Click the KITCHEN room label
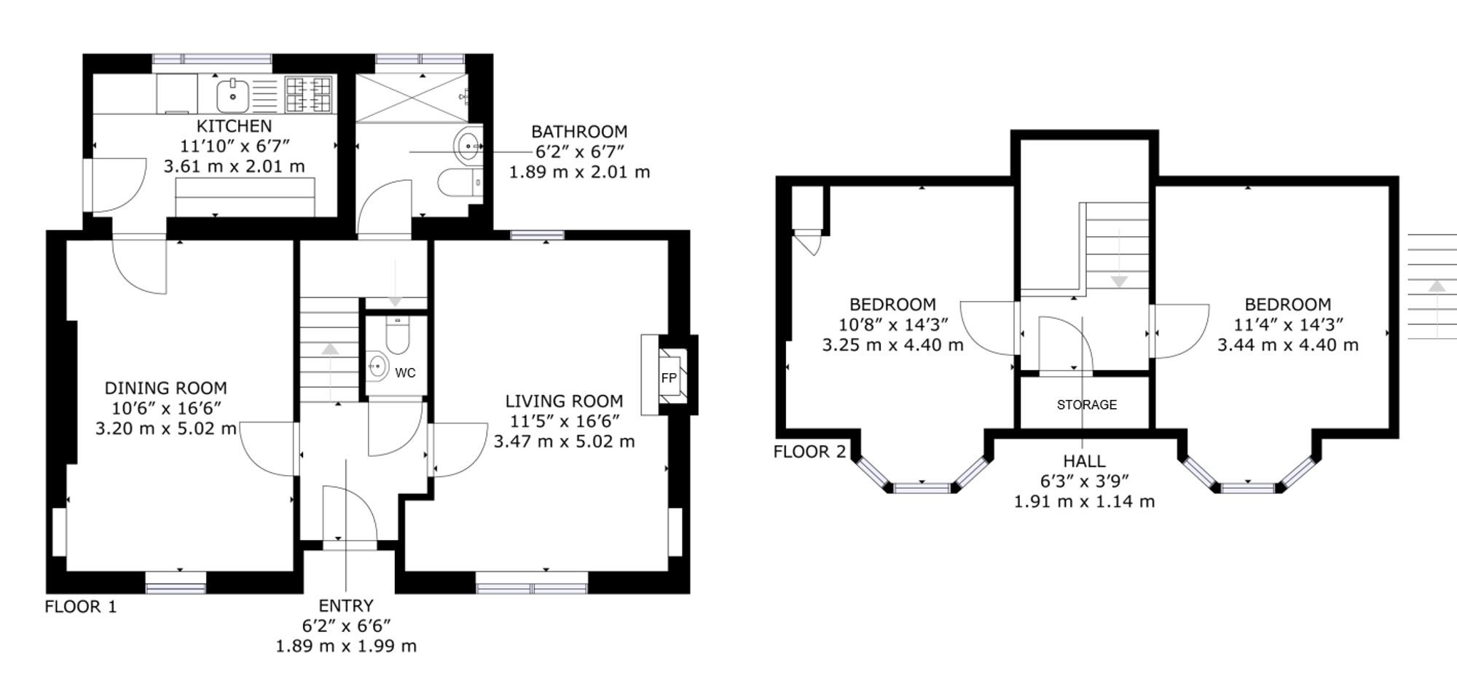pyautogui.click(x=234, y=126)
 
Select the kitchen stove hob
pyautogui.click(x=308, y=95)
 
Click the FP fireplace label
pyautogui.click(x=669, y=377)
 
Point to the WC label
pyautogui.click(x=405, y=373)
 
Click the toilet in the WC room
pyautogui.click(x=397, y=334)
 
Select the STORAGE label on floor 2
pyautogui.click(x=1087, y=404)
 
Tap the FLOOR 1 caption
pyautogui.click(x=81, y=606)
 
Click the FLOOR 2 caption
pyautogui.click(x=809, y=452)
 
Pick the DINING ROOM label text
pyautogui.click(x=166, y=388)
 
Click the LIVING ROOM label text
pyautogui.click(x=565, y=402)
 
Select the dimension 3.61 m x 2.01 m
pyautogui.click(x=234, y=167)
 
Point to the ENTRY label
pyautogui.click(x=346, y=606)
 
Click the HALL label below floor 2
pyautogui.click(x=1085, y=461)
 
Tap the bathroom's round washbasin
pyautogui.click(x=468, y=146)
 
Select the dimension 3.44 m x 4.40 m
pyautogui.click(x=1288, y=345)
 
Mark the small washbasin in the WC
pyautogui.click(x=377, y=366)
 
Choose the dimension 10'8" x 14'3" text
pyautogui.click(x=893, y=325)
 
